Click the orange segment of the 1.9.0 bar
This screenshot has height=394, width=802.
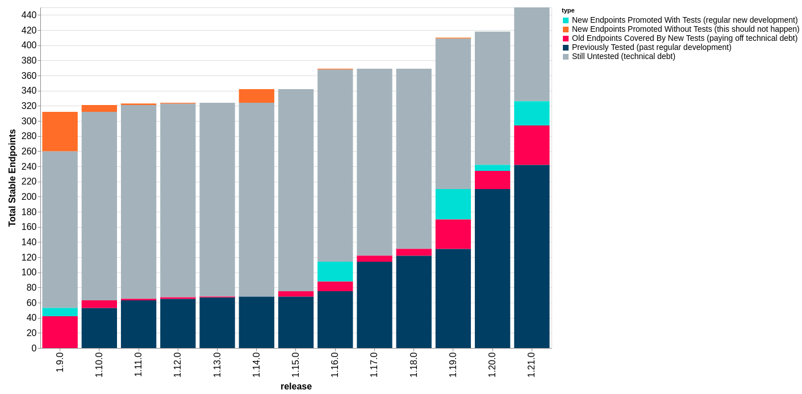click(x=60, y=131)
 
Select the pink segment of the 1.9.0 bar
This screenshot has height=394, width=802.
click(x=60, y=332)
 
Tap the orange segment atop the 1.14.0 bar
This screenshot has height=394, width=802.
click(x=256, y=96)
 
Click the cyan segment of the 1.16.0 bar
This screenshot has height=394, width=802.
click(x=335, y=271)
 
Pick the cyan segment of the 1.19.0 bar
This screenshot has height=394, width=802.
click(x=453, y=204)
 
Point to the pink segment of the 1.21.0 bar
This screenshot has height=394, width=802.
click(x=532, y=145)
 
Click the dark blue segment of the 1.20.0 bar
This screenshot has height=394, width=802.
click(x=492, y=269)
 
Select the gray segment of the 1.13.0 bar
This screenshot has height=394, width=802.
click(x=217, y=199)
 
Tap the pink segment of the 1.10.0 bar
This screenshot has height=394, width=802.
click(x=99, y=304)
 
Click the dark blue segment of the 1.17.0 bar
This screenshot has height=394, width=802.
click(x=374, y=305)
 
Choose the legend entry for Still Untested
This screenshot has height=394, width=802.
click(x=623, y=56)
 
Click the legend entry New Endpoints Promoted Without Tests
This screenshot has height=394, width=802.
click(x=685, y=29)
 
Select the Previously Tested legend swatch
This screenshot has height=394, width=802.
click(x=566, y=48)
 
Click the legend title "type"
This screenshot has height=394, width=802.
click(x=568, y=10)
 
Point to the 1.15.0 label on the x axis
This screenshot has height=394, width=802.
click(x=296, y=364)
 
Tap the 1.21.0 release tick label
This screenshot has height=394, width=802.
click(x=532, y=364)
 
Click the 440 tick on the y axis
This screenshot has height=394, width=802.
click(x=29, y=15)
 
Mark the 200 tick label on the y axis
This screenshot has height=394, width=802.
click(x=29, y=197)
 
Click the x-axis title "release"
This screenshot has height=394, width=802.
click(x=296, y=387)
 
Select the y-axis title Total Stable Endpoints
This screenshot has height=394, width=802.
click(x=12, y=178)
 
